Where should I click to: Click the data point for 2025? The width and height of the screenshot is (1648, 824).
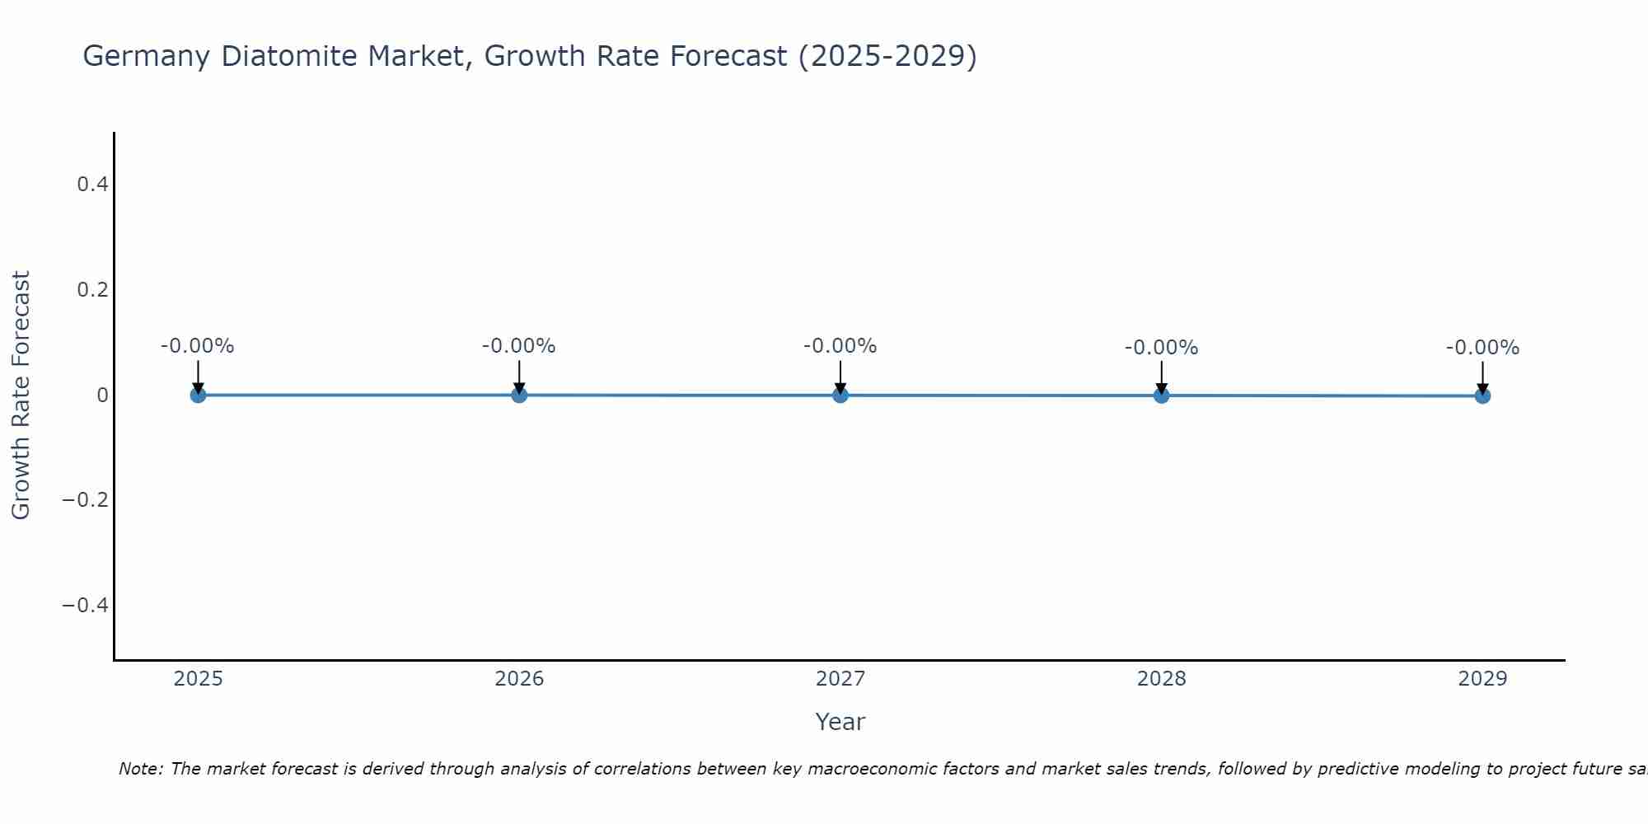coord(198,395)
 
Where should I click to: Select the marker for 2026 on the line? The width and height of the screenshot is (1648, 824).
coord(519,395)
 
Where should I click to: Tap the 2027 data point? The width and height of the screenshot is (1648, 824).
coord(840,395)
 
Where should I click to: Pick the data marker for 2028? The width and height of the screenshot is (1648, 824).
coord(1161,396)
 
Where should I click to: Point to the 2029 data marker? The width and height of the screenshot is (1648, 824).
coord(1482,396)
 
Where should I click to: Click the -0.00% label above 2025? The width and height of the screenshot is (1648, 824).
coord(198,346)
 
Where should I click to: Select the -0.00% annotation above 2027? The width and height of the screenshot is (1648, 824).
coord(840,346)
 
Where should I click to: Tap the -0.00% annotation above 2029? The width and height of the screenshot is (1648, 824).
coord(1482,348)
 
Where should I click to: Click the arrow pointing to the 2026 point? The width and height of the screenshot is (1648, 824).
coord(519,377)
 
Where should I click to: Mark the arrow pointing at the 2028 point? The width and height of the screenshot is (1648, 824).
coord(1161,377)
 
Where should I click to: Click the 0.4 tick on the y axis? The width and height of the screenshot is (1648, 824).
coord(92,185)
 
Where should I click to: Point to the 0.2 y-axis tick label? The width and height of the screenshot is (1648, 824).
coord(92,290)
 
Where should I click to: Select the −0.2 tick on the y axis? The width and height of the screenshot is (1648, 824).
coord(86,500)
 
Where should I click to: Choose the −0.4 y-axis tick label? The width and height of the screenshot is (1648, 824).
coord(86,606)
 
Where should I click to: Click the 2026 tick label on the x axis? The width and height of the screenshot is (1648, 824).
coord(519,679)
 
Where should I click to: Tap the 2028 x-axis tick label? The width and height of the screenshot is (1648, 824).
coord(1161,679)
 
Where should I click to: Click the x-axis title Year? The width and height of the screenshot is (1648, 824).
coord(840,722)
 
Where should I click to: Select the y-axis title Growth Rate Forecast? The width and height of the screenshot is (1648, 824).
coord(21,395)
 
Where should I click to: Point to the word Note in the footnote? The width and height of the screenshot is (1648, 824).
coord(141,769)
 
